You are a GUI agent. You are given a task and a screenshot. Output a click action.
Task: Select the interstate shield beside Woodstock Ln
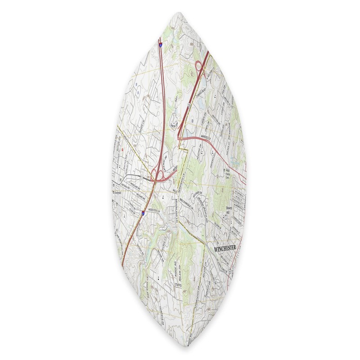143,212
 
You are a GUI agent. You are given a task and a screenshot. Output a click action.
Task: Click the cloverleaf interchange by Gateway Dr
157,173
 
